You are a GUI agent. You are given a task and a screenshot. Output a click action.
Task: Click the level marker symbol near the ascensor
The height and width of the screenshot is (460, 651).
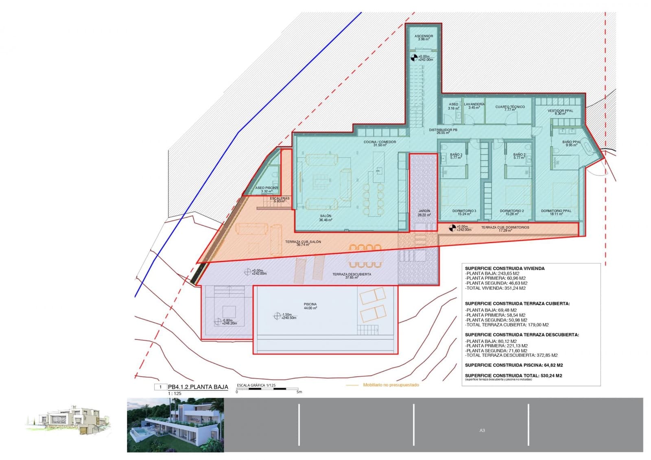[414, 58]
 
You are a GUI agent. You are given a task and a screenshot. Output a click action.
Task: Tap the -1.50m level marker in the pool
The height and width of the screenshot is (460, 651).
[277, 316]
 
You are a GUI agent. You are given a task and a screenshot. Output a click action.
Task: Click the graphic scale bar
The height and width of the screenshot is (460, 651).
[267, 389]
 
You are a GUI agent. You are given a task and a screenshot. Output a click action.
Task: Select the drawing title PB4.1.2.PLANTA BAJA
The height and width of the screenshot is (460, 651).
[198, 387]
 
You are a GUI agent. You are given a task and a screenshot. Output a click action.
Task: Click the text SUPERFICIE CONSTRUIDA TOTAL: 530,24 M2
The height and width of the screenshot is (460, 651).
[513, 376]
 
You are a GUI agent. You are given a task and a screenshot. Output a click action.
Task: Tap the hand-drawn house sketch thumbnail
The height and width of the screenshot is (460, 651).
[68, 419]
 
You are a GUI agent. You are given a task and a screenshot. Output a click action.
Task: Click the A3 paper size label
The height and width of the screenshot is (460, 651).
[482, 430]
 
